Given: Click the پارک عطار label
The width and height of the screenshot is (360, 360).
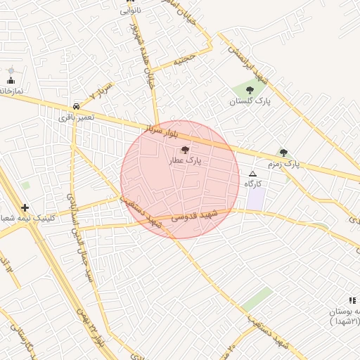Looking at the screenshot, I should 185,161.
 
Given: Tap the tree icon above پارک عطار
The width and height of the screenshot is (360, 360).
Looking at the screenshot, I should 185,150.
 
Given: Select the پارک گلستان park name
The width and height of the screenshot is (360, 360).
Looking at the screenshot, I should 250,102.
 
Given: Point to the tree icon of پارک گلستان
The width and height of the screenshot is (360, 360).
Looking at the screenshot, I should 250,90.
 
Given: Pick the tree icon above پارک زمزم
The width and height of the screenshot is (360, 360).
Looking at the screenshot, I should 283,153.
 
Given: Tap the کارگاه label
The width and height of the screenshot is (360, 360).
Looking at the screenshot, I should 253,184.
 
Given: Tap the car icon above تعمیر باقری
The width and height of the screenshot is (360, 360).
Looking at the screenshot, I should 75,106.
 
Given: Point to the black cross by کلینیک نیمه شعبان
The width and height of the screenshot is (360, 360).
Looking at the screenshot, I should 25,208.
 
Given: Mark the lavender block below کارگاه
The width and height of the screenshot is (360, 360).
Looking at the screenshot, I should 256,198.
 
